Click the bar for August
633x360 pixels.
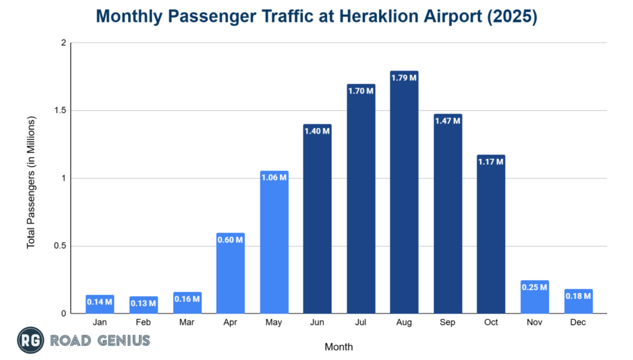point(404,198)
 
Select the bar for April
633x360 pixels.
point(231,275)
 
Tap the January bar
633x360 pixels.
point(100,305)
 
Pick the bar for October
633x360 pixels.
point(491,238)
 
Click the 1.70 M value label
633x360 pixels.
point(360,91)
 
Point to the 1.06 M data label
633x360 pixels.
point(274,178)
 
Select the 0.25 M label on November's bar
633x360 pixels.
point(535,287)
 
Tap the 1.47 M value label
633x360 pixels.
point(448,121)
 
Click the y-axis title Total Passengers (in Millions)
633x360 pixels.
point(31,182)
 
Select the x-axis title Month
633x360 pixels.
point(338,346)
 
